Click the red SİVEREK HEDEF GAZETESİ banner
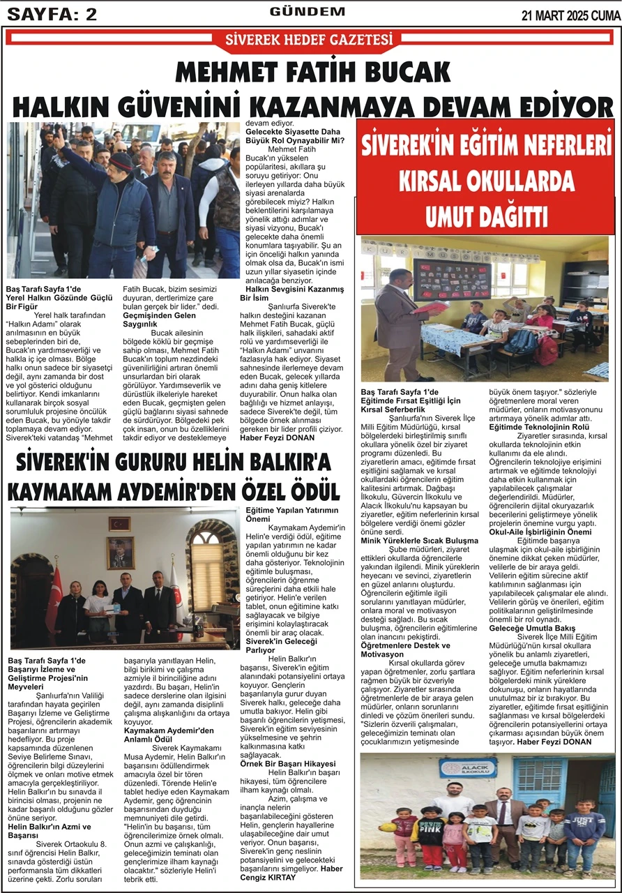pyautogui.click(x=308, y=40)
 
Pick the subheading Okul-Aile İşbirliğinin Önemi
pyautogui.click(x=540, y=532)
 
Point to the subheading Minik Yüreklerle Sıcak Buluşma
pyautogui.click(x=420, y=541)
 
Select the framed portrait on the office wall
pyautogui.click(x=119, y=553)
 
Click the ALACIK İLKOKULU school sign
pyautogui.click(x=468, y=767)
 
